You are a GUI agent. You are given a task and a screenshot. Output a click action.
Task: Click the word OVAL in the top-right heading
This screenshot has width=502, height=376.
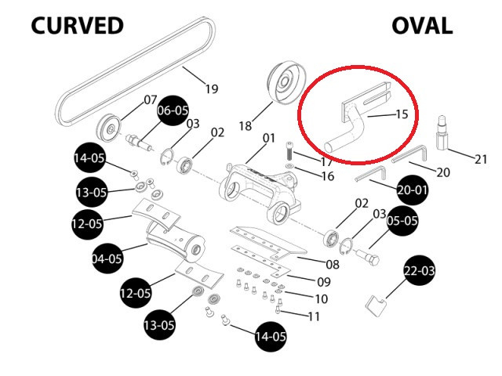[422, 25]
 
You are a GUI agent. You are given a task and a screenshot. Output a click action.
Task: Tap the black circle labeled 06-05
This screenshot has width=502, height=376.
[173, 110]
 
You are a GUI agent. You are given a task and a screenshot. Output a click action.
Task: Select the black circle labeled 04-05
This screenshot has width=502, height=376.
[107, 258]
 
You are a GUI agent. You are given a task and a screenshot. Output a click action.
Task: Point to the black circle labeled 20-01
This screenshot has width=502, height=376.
[413, 190]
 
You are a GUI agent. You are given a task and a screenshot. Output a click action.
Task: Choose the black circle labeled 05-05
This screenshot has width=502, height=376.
[402, 221]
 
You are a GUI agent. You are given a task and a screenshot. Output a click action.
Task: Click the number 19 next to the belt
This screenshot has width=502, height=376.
[211, 89]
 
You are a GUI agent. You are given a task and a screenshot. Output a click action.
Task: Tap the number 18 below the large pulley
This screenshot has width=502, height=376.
[245, 125]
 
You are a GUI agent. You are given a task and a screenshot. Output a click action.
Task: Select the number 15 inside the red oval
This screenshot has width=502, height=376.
[401, 114]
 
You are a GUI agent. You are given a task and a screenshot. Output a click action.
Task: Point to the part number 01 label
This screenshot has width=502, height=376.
[269, 139]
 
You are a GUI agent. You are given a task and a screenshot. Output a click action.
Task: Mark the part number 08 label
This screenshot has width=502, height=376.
[332, 264]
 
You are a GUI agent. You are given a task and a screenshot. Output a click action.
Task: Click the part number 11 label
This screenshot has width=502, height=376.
[314, 316]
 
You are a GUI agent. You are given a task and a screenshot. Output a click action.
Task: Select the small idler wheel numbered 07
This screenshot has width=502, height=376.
[109, 126]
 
